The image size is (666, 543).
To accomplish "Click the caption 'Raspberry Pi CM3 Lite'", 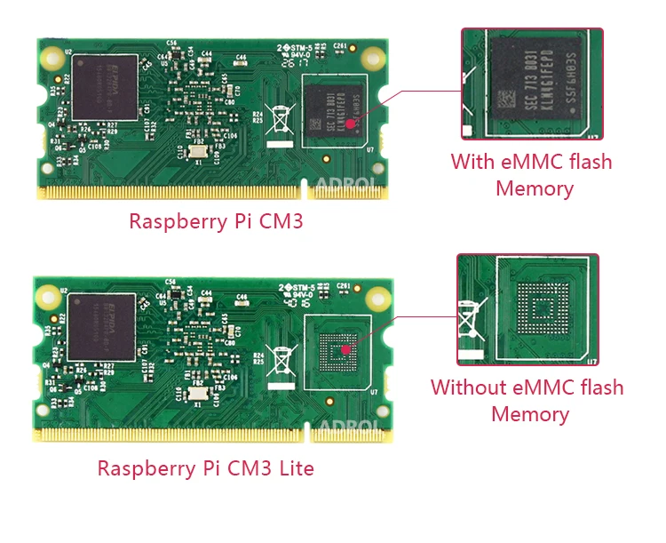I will (x=205, y=467).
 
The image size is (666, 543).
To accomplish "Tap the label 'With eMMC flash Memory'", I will (x=532, y=175).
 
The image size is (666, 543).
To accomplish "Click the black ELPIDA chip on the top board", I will (x=106, y=87).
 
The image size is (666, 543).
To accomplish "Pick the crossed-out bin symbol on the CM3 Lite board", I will (x=281, y=360).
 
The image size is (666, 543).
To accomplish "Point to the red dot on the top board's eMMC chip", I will (x=353, y=122).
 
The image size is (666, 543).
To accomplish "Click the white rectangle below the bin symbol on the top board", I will (x=281, y=142).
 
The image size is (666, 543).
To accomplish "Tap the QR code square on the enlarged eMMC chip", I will (x=507, y=98).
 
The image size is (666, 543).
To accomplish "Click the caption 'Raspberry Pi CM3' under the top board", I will (x=216, y=220).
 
